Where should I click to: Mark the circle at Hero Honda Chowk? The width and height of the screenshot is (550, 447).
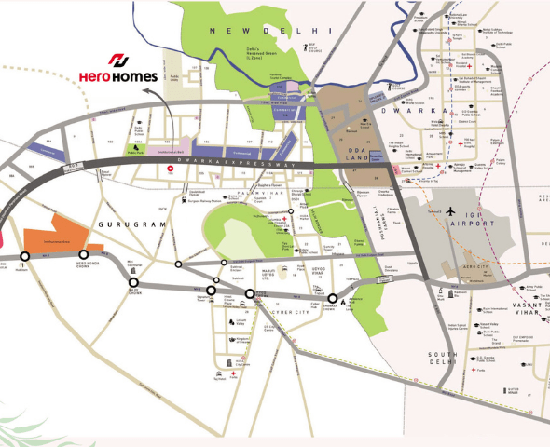click(x=83, y=254)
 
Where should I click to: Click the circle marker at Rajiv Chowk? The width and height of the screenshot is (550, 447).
click(x=133, y=283)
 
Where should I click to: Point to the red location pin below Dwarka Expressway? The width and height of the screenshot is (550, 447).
click(x=169, y=170)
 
